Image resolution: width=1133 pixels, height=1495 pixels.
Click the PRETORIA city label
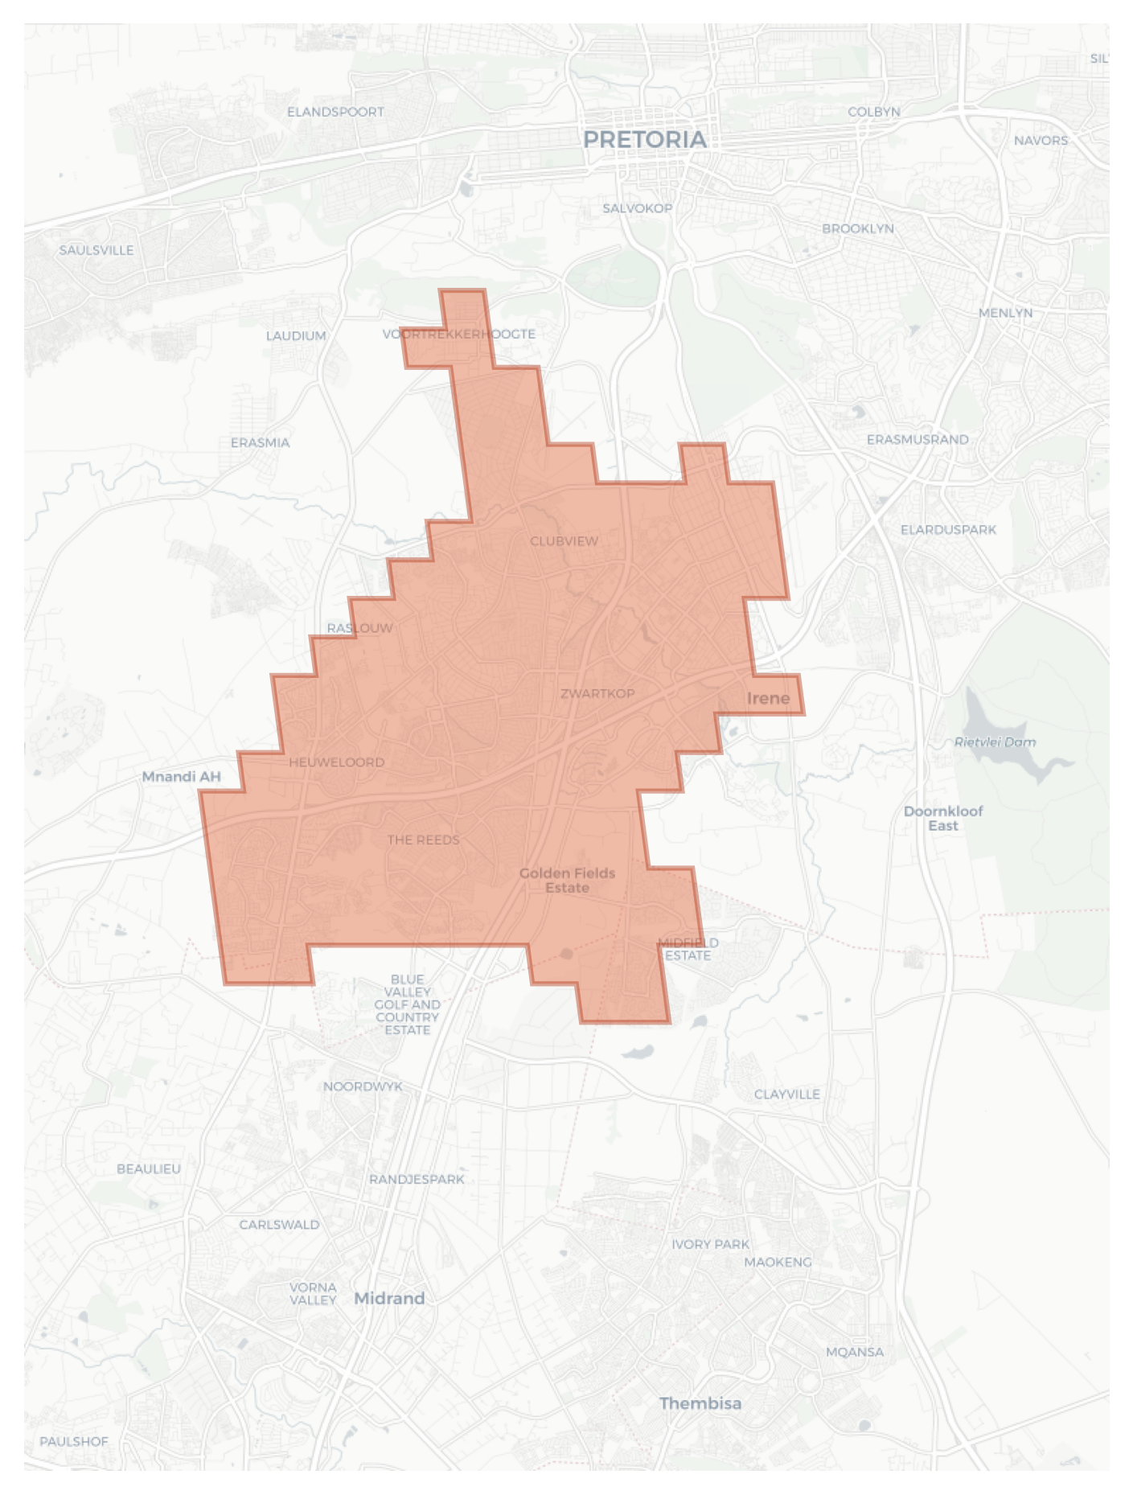[644, 140]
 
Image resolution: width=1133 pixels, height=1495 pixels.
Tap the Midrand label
[389, 1298]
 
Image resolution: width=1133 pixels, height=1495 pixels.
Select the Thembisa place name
[700, 1403]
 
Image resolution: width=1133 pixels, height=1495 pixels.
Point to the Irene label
[768, 698]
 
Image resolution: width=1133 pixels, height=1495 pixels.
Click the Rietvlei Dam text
[995, 741]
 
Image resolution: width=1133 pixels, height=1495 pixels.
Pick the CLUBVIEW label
[564, 541]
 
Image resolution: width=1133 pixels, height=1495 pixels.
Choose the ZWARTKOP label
[597, 693]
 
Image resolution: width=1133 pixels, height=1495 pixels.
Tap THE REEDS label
[423, 840]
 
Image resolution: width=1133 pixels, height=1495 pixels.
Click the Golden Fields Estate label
[567, 880]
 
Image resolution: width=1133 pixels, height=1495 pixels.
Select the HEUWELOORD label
[336, 762]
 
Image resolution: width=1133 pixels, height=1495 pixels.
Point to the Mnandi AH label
[181, 776]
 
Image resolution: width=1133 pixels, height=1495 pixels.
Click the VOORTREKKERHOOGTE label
[458, 334]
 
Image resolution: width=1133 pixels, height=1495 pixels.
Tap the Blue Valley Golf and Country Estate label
[407, 1004]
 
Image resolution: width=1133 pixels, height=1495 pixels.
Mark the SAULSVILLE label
[96, 250]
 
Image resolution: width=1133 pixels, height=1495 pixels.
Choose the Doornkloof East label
[942, 818]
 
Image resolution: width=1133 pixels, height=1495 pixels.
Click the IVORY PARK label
[710, 1244]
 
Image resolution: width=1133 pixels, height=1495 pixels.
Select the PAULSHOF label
[73, 1441]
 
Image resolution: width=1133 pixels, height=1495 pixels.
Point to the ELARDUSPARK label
[948, 529]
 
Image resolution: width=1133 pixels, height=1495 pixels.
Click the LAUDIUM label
[296, 335]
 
